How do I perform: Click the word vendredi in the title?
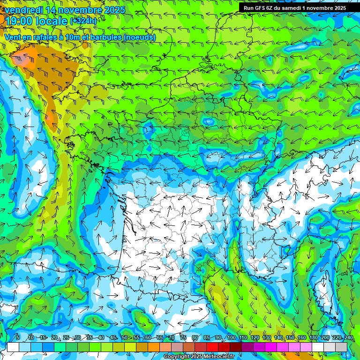[x=22, y=9]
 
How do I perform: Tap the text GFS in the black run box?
[x=261, y=8]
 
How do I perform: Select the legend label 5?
[x=18, y=337]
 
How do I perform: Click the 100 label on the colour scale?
[x=231, y=337]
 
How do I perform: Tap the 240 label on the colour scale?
[x=348, y=337]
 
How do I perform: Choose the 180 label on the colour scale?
[x=313, y=337]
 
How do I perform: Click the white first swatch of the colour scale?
[x=13, y=347]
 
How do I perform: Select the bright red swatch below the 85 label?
[x=212, y=347]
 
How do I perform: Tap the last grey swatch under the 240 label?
[x=341, y=347]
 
